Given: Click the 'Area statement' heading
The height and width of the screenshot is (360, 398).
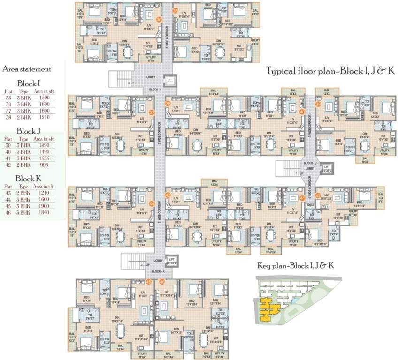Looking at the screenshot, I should (x=27, y=69).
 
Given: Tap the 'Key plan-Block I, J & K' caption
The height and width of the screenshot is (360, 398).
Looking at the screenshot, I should (x=296, y=266).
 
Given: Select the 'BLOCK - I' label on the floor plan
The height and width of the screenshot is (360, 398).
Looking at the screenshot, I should (x=155, y=89).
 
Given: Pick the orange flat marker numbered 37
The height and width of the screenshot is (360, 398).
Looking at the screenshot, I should (x=152, y=112).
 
